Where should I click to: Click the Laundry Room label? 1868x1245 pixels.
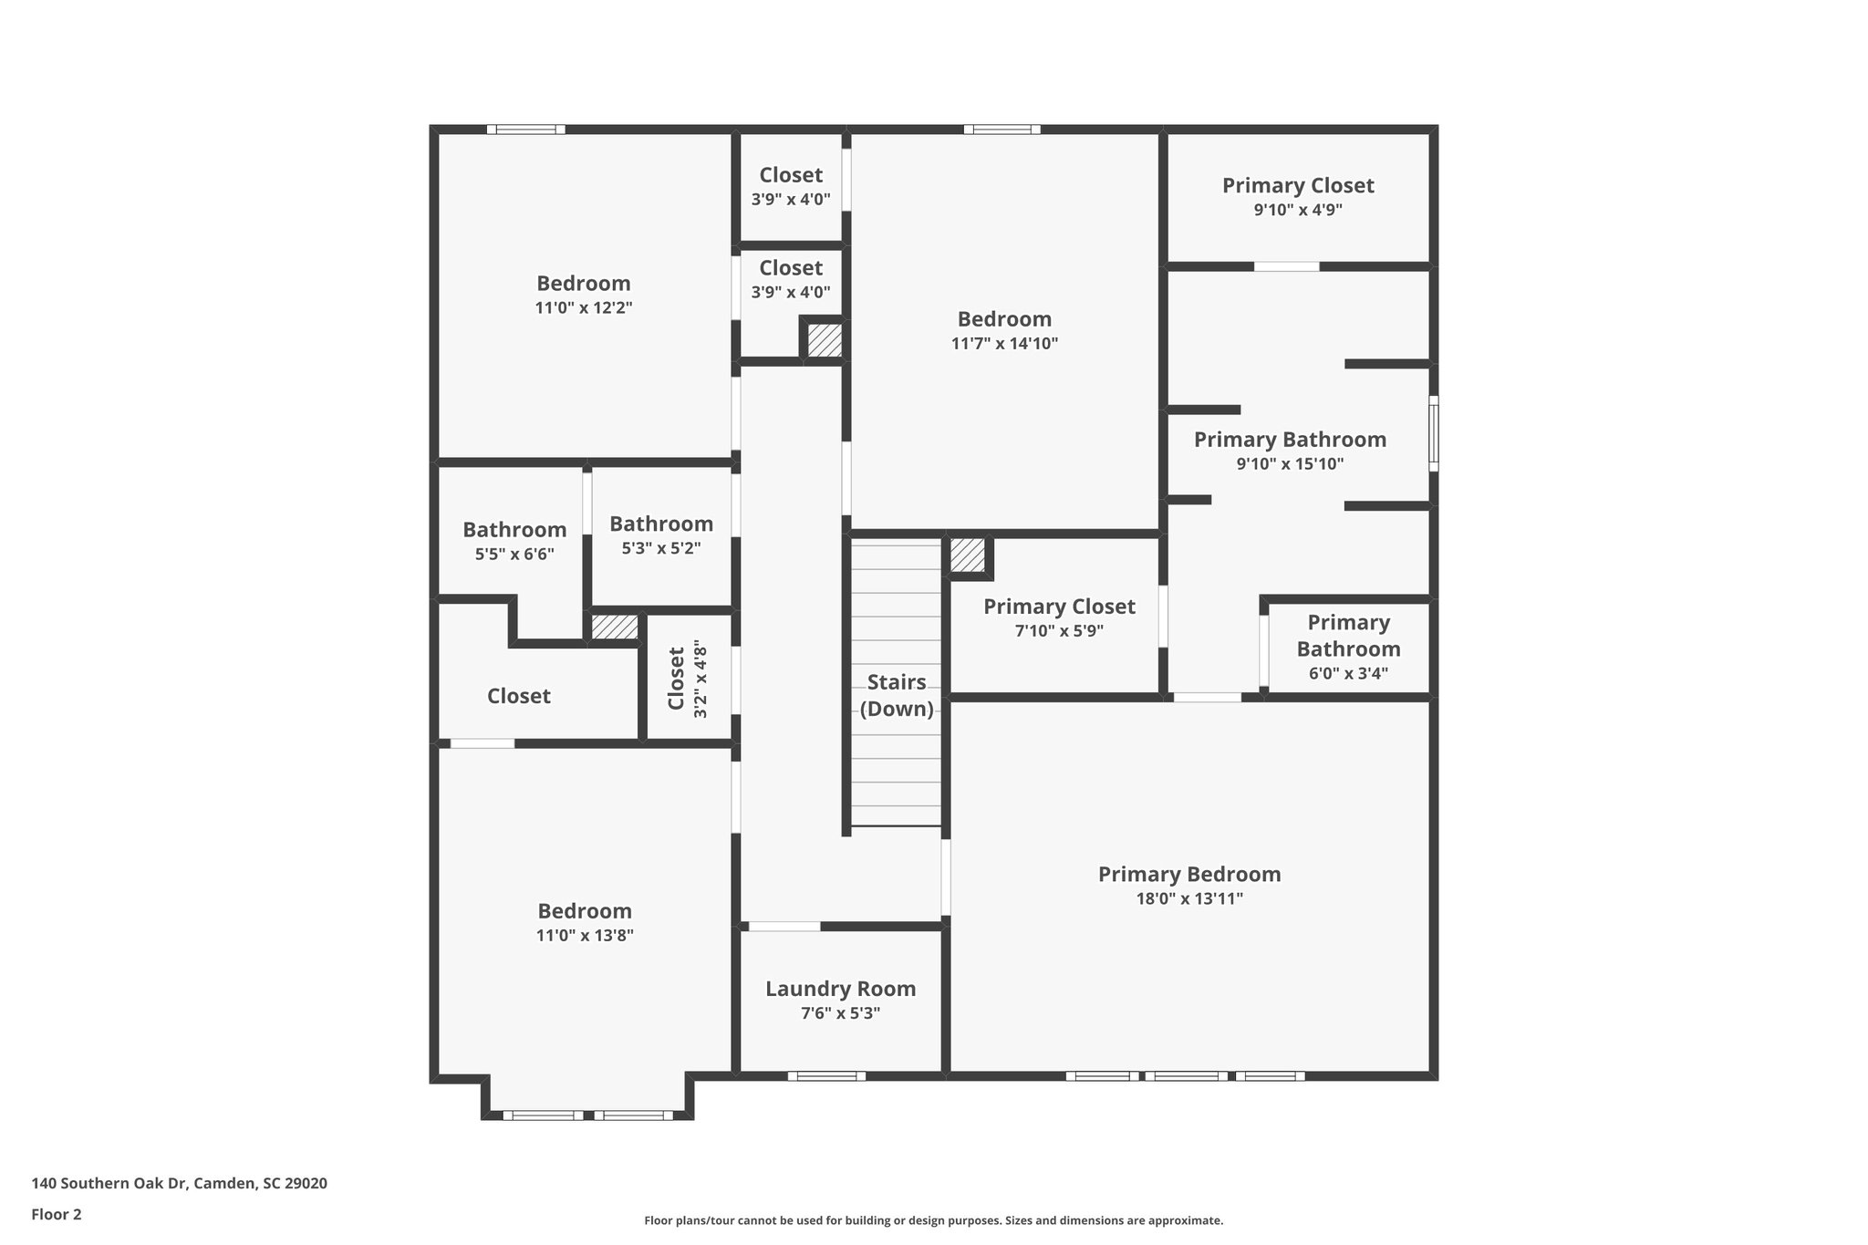click(840, 989)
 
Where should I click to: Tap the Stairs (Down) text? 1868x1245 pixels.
click(897, 696)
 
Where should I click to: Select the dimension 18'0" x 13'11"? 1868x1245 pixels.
click(1189, 898)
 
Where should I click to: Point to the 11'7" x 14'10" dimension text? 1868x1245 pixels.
click(1004, 344)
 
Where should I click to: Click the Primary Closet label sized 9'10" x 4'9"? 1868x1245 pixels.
click(1298, 186)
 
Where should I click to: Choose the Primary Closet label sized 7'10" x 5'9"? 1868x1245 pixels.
click(1059, 607)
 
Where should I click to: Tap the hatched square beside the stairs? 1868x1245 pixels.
click(968, 555)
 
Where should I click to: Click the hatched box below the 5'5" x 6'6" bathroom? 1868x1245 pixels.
click(614, 628)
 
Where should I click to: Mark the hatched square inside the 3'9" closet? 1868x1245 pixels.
click(825, 340)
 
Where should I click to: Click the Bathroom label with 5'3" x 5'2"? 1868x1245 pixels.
click(661, 524)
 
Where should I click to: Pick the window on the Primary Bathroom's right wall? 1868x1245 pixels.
click(1433, 433)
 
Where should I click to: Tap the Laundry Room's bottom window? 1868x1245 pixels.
click(826, 1076)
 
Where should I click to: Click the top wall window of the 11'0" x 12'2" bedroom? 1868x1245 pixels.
click(525, 130)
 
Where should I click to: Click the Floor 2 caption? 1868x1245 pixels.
click(57, 1214)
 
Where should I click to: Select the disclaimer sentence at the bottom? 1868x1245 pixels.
click(933, 1220)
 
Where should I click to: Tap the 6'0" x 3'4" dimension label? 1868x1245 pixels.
click(1348, 674)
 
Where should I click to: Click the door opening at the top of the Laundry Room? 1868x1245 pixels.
click(784, 927)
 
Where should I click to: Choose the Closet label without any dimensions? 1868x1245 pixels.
click(518, 697)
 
